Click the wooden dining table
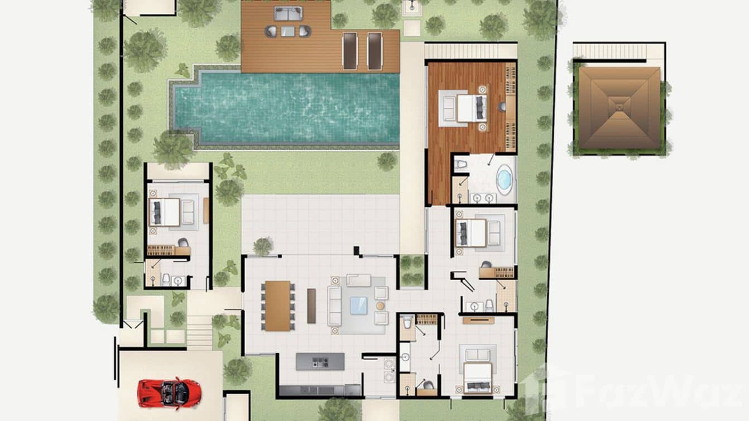click(x=277, y=306)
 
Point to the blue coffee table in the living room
click(x=359, y=305)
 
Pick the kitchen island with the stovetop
click(x=320, y=361)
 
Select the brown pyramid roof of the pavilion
click(x=619, y=108)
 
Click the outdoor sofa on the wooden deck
click(x=288, y=12)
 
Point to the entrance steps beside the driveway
click(x=199, y=332)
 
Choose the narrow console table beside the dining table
click(x=311, y=306)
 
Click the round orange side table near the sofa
click(x=381, y=305)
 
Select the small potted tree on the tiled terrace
click(x=263, y=246)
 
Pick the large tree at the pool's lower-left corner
click(x=172, y=149)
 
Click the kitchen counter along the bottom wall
click(x=320, y=390)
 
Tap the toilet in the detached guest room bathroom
click(x=166, y=279)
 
